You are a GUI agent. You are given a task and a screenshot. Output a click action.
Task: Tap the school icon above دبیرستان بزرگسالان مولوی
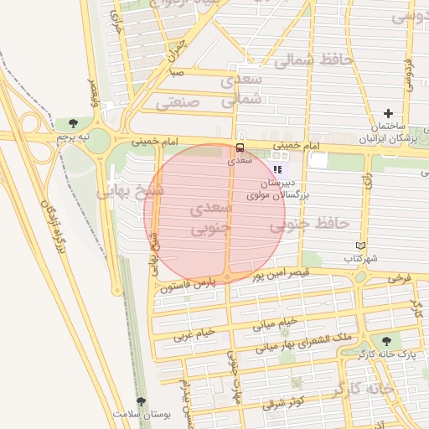coord(277,169)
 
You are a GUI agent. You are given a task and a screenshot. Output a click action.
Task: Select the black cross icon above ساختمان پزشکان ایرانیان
coord(388,113)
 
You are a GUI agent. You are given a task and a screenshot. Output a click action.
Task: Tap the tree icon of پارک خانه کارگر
coord(386,342)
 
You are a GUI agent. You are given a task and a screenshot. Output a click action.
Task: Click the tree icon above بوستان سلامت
coord(141,402)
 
